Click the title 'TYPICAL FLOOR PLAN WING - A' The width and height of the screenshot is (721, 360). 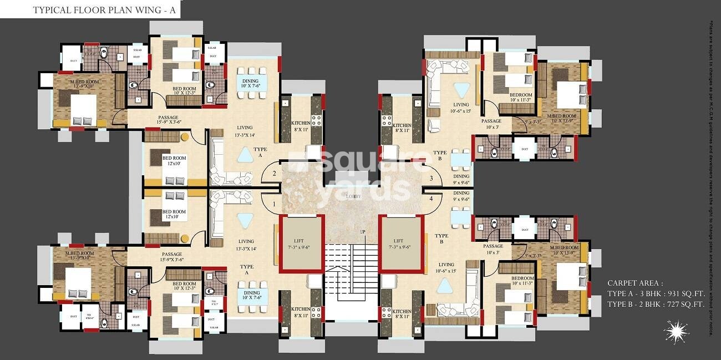(x=107, y=9)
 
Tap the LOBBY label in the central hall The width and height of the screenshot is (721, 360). (x=353, y=196)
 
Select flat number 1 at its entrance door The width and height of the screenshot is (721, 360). (x=273, y=205)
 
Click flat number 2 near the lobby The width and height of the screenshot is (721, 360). (x=273, y=174)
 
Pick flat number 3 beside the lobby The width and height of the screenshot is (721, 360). (x=431, y=178)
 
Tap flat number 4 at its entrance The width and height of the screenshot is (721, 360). (x=431, y=198)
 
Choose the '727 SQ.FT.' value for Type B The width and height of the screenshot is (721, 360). (x=685, y=304)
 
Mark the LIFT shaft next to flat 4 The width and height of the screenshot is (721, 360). (x=401, y=244)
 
